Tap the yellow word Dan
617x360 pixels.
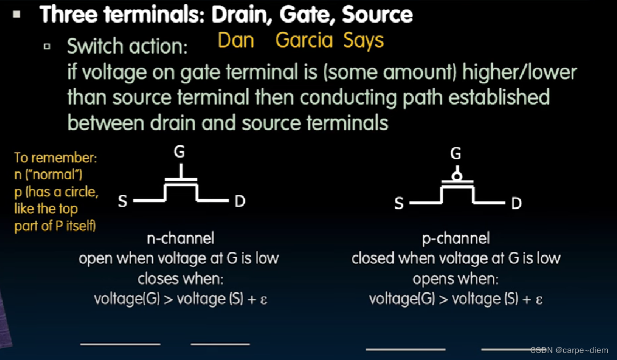point(236,40)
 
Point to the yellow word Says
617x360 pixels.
point(364,41)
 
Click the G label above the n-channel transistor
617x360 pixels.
point(179,152)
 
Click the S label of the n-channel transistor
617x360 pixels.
point(123,201)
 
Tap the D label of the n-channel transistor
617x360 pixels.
point(240,201)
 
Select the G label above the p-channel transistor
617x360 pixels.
point(456,154)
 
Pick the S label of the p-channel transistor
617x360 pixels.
point(399,204)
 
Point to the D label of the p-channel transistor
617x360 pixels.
point(516,204)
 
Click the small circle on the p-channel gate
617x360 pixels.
point(456,176)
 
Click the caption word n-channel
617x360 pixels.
point(180,238)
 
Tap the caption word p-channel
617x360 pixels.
point(456,238)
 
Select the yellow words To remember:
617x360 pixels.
point(55,158)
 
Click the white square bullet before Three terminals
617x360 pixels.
point(17,15)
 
